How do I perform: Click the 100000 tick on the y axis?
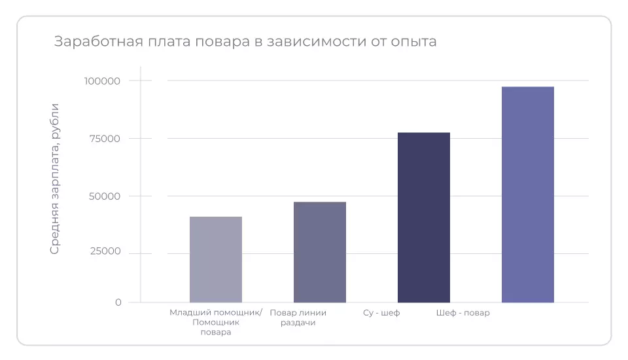click(103, 81)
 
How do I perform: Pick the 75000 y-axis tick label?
click(105, 139)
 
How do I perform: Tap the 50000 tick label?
click(105, 196)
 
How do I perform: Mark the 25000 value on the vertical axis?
click(105, 253)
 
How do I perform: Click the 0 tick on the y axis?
click(118, 302)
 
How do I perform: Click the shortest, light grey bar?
click(216, 260)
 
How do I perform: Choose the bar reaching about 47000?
click(320, 252)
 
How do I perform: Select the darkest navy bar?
click(424, 217)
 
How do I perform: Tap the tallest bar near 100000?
click(528, 194)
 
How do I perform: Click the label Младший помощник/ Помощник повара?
click(216, 322)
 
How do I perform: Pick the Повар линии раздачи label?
click(298, 317)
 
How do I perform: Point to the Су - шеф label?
click(381, 313)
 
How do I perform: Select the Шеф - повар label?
click(463, 313)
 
